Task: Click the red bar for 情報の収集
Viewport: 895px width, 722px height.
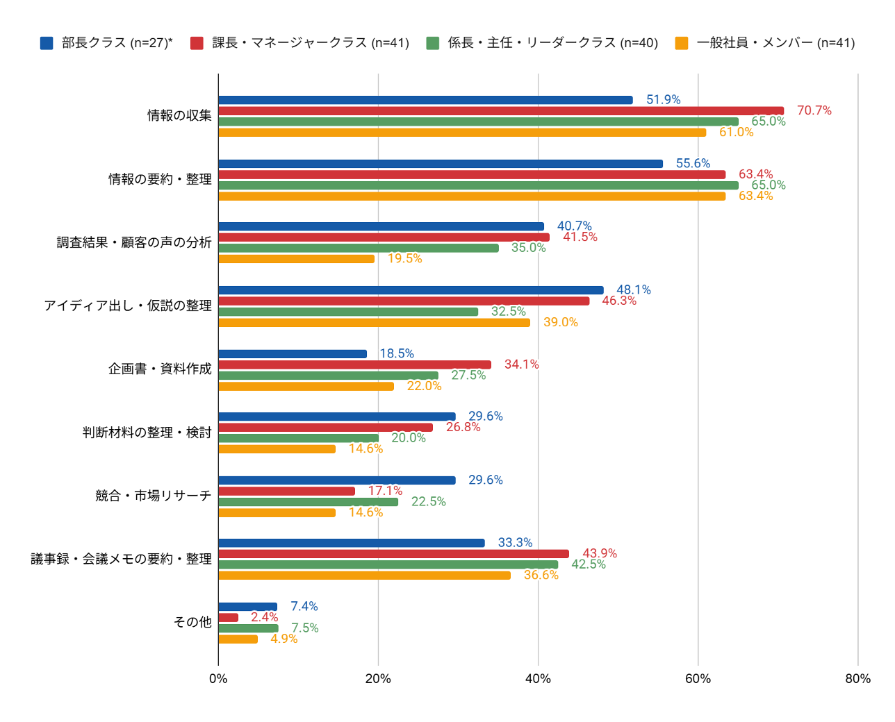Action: [x=500, y=111]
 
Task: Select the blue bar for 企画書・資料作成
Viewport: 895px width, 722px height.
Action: [x=293, y=353]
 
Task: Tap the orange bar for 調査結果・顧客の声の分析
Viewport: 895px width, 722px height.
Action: [x=296, y=258]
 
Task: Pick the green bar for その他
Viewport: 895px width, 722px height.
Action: [x=248, y=628]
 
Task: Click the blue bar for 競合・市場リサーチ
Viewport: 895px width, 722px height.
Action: [x=336, y=480]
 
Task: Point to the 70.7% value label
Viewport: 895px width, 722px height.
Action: [x=813, y=110]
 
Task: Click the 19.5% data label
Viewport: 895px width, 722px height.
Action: [x=404, y=258]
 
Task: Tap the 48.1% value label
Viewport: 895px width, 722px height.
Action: [x=633, y=289]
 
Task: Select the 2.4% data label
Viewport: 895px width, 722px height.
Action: [x=264, y=616]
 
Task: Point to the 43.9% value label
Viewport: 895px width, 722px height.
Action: [x=599, y=553]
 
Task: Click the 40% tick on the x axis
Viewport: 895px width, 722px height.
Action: [x=537, y=678]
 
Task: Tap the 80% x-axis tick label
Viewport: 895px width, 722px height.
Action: [x=857, y=678]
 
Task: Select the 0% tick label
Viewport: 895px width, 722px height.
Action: [x=218, y=678]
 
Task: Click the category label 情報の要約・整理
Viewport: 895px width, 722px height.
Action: [x=160, y=179]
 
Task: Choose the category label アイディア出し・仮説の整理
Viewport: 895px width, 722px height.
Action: [x=128, y=305]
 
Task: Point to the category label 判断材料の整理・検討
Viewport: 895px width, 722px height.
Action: [x=147, y=432]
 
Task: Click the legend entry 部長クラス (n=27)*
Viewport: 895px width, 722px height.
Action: [x=106, y=43]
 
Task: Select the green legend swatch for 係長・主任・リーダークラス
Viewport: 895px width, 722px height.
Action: [x=432, y=43]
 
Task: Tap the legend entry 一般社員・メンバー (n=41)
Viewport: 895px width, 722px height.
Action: [x=764, y=43]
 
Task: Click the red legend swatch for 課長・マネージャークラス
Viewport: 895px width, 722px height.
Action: [x=196, y=43]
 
